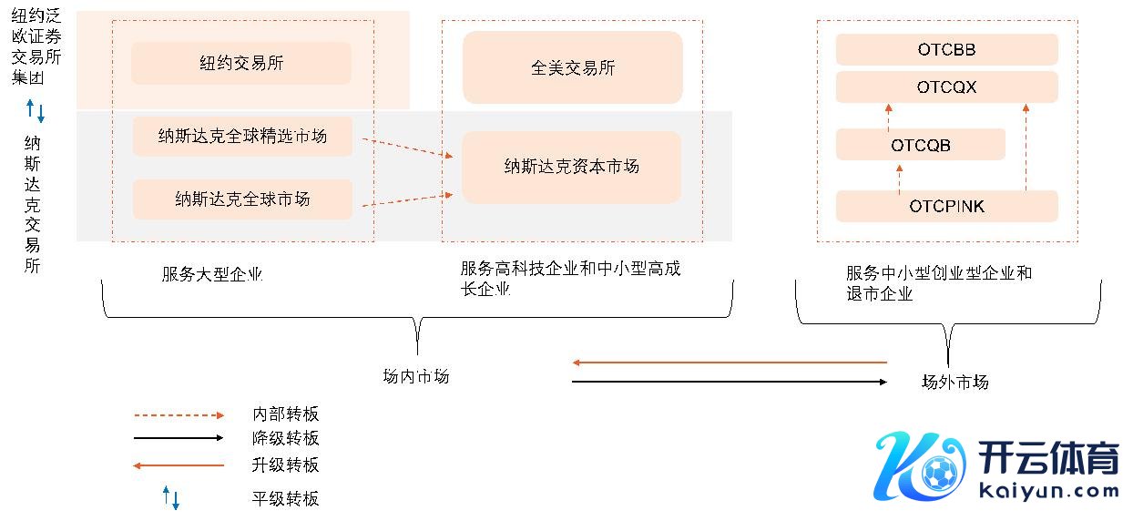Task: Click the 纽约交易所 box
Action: [x=241, y=63]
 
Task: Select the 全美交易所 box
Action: [x=572, y=67]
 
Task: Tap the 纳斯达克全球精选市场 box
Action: [x=242, y=137]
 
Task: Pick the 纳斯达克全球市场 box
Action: [x=242, y=199]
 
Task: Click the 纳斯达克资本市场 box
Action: [x=572, y=167]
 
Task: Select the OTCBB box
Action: [x=946, y=50]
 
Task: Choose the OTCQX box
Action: [x=946, y=87]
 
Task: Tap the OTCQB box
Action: [x=920, y=145]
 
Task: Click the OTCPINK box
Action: [x=946, y=207]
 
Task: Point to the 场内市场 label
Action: [x=416, y=376]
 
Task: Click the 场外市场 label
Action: [x=954, y=382]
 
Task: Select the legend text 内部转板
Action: [x=285, y=414]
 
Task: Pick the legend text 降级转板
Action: [x=285, y=438]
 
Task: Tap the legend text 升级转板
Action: [x=285, y=465]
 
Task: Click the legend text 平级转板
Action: [x=285, y=498]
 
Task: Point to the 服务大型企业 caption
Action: [x=211, y=274]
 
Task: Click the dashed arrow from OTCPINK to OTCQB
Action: [x=899, y=179]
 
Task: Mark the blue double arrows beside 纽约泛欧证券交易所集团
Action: [x=35, y=111]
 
